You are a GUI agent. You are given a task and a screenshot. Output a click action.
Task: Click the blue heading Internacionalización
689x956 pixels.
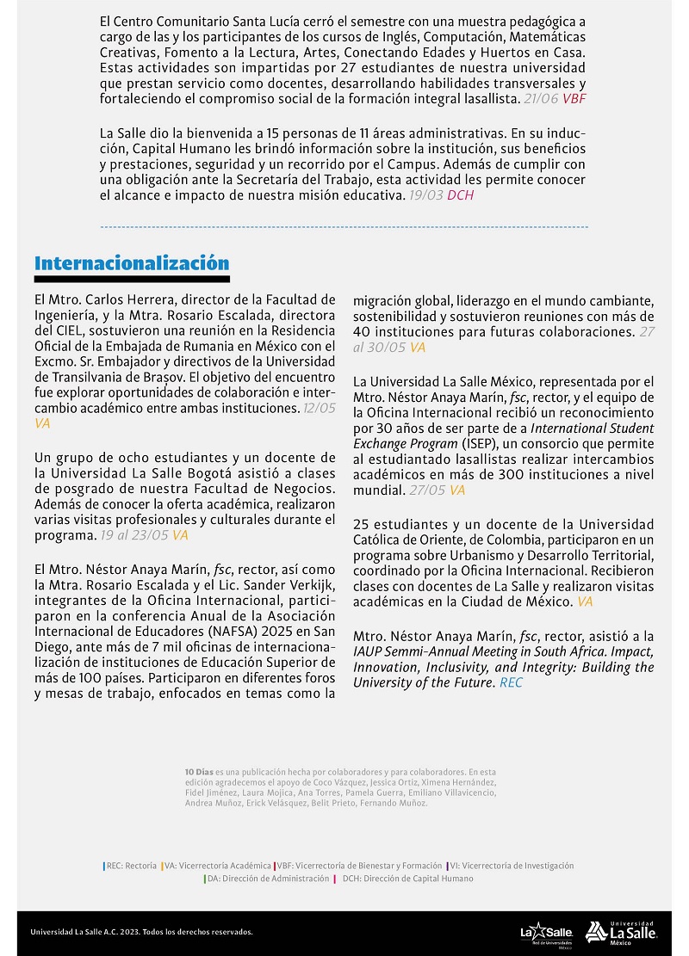(x=132, y=263)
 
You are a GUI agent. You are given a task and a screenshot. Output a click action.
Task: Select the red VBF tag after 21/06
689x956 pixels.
(x=574, y=100)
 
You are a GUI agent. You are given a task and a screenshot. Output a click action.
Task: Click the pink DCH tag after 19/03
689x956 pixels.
(x=460, y=195)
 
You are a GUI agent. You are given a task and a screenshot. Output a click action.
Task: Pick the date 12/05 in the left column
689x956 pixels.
(x=319, y=408)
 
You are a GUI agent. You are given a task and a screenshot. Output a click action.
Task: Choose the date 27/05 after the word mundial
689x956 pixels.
(x=426, y=490)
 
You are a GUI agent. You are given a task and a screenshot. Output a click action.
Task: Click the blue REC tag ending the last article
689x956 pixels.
(x=511, y=682)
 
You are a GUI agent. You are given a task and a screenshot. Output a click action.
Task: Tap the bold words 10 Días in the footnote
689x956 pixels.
(x=198, y=772)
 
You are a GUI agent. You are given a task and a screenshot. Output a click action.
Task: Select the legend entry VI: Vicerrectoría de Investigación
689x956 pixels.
(x=511, y=866)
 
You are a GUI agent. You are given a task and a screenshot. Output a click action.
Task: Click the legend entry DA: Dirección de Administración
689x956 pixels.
(x=268, y=879)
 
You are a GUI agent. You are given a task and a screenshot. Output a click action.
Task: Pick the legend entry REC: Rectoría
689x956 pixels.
(x=130, y=866)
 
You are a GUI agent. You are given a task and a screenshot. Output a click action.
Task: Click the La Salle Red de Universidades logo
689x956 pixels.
(x=546, y=932)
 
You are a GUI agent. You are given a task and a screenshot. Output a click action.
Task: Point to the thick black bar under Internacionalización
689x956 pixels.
(x=132, y=280)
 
